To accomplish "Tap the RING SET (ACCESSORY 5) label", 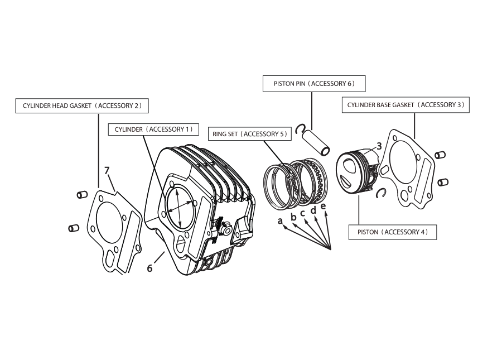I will (x=249, y=134).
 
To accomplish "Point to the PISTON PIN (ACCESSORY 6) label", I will (x=313, y=84).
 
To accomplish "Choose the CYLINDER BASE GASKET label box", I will (x=406, y=105).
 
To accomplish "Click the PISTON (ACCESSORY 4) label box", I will (x=392, y=232).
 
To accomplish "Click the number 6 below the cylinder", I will (x=149, y=268).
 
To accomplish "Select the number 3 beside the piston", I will (x=379, y=146).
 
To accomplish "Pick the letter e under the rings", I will (x=323, y=207).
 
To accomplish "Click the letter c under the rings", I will (x=303, y=213).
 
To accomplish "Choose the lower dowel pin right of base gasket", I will (x=443, y=181).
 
